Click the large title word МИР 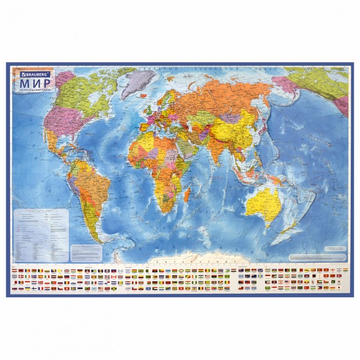(x=30, y=84)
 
